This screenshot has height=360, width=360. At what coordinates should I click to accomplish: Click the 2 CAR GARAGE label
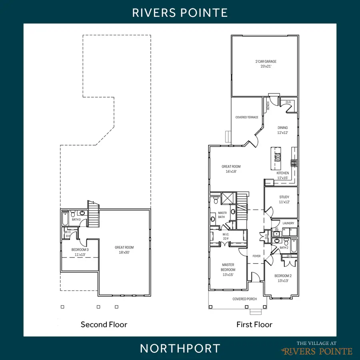[x=266, y=64]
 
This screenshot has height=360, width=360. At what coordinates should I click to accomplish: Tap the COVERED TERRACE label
[x=247, y=118]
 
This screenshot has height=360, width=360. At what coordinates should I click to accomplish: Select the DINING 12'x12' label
[x=283, y=130]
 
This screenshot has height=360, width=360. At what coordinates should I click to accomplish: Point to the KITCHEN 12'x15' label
[x=283, y=176]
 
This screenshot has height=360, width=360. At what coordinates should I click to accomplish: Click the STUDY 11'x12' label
[x=284, y=199]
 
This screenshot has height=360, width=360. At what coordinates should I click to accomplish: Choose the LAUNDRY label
[x=288, y=223]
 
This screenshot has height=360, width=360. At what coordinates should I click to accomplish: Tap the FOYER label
[x=256, y=256]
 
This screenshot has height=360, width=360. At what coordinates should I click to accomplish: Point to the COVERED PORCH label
[x=245, y=299]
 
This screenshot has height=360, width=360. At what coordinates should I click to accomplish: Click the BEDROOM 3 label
[x=80, y=252]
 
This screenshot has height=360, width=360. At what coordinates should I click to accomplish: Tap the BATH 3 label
[x=76, y=220]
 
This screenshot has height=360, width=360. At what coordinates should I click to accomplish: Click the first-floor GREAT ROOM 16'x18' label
[x=231, y=169]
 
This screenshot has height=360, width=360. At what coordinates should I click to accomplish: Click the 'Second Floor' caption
[x=104, y=324]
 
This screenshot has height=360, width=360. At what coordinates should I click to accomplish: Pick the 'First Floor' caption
[x=254, y=324]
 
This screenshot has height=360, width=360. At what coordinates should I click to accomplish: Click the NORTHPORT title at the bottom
[x=180, y=348]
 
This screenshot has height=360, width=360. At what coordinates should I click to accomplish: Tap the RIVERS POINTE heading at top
[x=180, y=12]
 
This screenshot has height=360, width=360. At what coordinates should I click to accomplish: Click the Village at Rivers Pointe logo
[x=317, y=348]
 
